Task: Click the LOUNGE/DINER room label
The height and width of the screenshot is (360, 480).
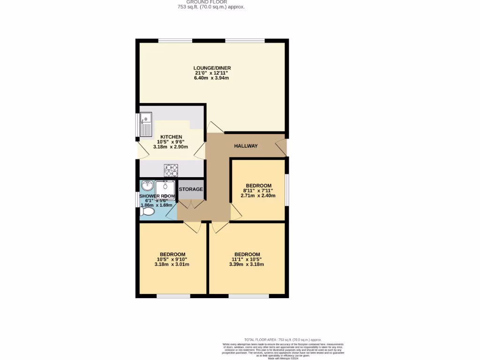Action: coord(212,68)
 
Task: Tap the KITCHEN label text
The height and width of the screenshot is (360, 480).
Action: coord(171,137)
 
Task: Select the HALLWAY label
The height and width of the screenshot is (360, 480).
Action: coord(246,146)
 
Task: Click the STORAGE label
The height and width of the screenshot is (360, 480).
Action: coord(191,189)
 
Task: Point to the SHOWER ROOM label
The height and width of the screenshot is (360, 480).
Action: coord(157,196)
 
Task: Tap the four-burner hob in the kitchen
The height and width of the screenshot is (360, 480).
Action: coord(171,170)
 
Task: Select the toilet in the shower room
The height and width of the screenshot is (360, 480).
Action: coord(147,212)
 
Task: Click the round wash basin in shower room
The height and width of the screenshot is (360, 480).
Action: coord(147,185)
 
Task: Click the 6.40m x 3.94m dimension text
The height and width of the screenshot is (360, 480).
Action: coord(211,78)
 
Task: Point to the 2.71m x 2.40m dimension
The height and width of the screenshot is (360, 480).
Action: coord(258,196)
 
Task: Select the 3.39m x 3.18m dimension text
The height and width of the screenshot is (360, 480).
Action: coord(247,264)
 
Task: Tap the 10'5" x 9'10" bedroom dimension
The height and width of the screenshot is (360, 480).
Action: coord(172,259)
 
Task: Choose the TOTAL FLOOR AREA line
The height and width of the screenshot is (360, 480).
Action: coord(283,339)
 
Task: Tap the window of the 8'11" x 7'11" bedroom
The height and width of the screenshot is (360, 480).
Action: coord(287,190)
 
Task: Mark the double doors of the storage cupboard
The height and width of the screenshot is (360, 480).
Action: coord(191,204)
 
